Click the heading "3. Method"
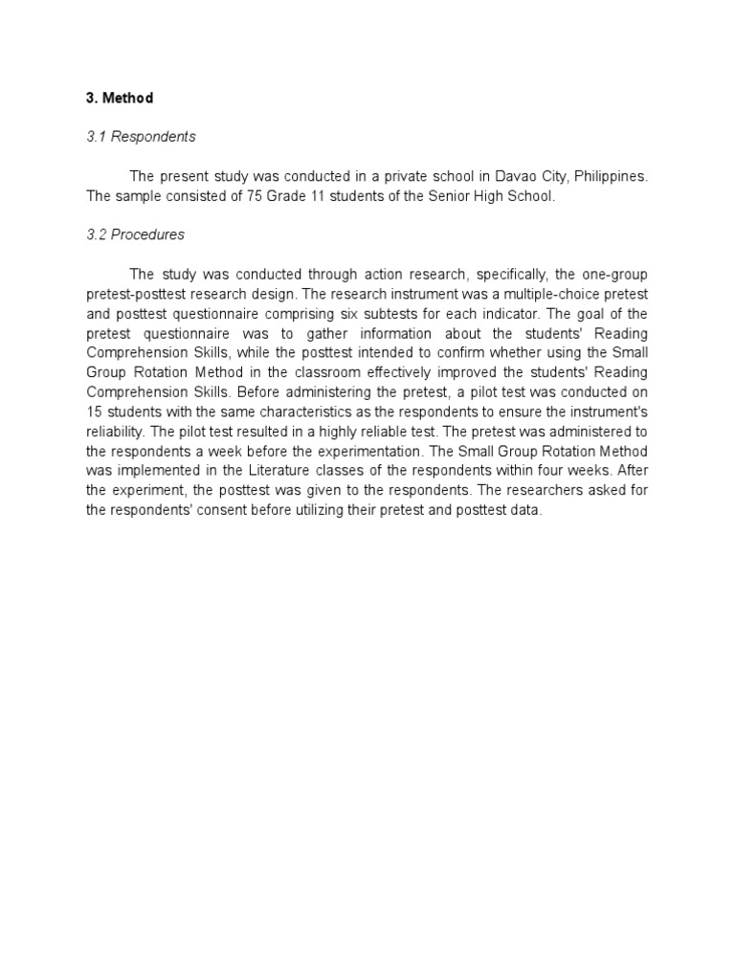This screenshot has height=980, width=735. click(120, 98)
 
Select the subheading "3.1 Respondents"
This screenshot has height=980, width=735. click(141, 137)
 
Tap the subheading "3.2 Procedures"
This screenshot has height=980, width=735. click(136, 234)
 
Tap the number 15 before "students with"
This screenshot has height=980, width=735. click(94, 411)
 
